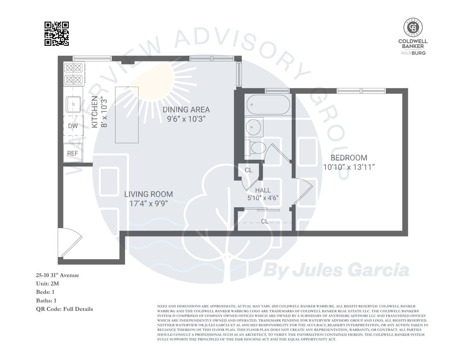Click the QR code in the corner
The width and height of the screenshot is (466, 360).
click(57, 34)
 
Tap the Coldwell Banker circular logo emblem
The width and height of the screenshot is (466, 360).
click(413, 27)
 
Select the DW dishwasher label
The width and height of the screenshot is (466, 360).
click(73, 126)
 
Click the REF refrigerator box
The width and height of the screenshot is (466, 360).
click(73, 153)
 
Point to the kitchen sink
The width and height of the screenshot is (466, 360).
click(73, 104)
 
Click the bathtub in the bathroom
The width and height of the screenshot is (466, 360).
click(268, 104)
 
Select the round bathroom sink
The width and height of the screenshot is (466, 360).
click(254, 127)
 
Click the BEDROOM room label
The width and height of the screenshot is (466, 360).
click(349, 158)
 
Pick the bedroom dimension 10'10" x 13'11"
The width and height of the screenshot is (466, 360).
click(349, 167)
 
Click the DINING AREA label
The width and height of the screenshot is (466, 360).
click(186, 109)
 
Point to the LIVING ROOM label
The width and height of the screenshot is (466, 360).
click(148, 194)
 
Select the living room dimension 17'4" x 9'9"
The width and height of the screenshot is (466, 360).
click(148, 203)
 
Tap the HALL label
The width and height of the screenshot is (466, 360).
click(263, 190)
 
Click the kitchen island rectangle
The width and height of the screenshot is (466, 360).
click(127, 115)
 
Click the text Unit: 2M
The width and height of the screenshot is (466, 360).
click(47, 284)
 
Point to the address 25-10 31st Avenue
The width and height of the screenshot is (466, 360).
click(57, 275)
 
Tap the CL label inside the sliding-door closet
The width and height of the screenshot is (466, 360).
click(265, 221)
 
